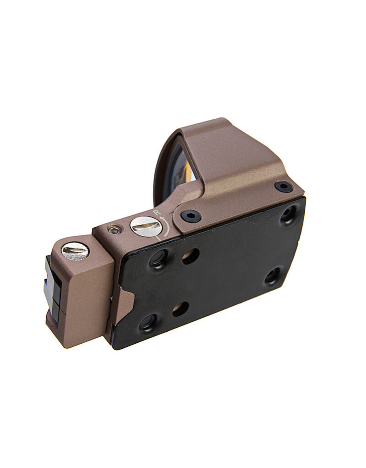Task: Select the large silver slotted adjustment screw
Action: coord(146,226)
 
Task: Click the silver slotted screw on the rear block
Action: coord(75,250)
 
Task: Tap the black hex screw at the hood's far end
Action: coord(284,186)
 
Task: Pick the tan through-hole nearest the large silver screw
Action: coord(190,256)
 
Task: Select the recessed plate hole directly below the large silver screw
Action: coord(159,259)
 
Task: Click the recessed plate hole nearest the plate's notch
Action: coord(148,323)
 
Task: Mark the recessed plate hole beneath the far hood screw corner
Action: coord(273,276)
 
